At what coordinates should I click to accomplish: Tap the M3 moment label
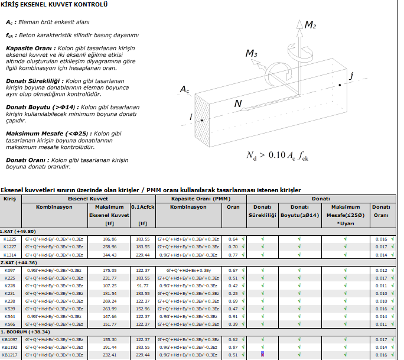click(x=252, y=54)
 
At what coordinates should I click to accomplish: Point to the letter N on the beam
click(x=238, y=104)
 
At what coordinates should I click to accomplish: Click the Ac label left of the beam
click(x=185, y=90)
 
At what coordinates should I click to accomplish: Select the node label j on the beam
click(x=351, y=76)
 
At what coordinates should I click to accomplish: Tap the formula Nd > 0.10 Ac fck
click(x=278, y=156)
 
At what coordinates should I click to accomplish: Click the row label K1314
click(x=10, y=255)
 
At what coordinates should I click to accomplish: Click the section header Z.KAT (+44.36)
click(x=19, y=262)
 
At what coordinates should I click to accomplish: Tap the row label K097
click(x=10, y=270)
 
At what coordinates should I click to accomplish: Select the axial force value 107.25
click(x=110, y=286)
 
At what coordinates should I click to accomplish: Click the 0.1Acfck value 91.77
click(x=142, y=286)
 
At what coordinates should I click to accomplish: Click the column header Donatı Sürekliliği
click(x=262, y=211)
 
